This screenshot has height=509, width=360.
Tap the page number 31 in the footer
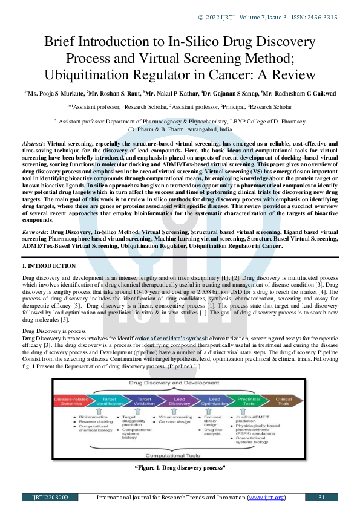point(321,497)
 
